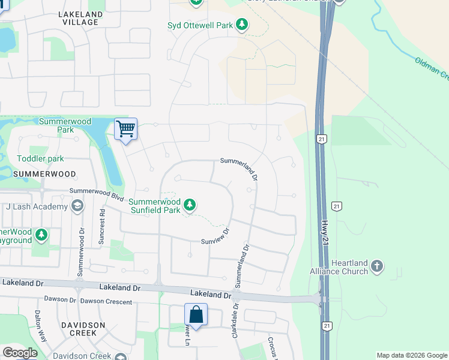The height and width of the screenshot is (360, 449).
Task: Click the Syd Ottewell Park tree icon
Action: [241, 25]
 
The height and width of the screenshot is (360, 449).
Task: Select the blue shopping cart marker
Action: [126, 129]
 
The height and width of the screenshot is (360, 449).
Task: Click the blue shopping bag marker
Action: [196, 314]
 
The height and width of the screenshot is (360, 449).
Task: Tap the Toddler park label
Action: [40, 158]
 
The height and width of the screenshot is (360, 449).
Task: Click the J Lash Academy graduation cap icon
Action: [77, 207]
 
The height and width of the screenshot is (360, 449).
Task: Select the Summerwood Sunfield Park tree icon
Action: [190, 206]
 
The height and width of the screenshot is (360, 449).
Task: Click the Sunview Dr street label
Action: [215, 236]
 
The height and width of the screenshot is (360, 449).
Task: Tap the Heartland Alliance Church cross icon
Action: [376, 266]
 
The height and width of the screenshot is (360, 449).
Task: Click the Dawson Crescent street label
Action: [105, 300]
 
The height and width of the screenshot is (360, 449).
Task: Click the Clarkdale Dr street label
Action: [235, 319]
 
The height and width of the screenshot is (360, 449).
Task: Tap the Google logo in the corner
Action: [20, 353]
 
